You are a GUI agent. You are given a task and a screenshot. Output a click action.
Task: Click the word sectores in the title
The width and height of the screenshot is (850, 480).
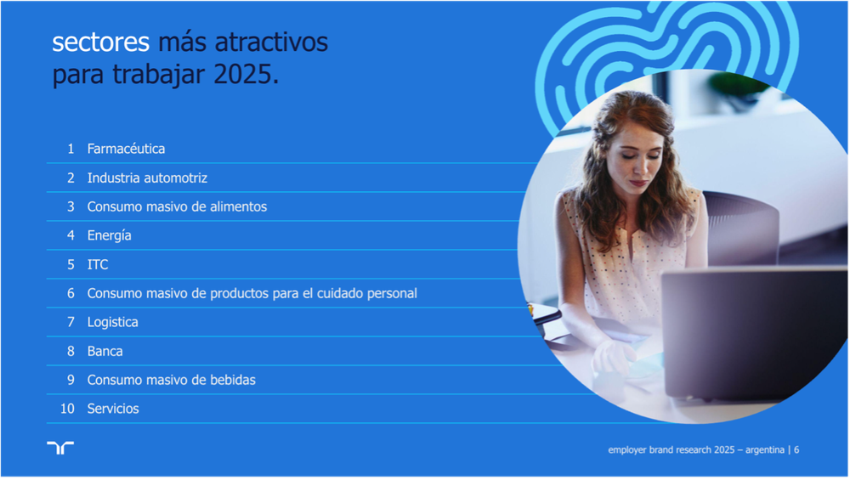click(x=100, y=42)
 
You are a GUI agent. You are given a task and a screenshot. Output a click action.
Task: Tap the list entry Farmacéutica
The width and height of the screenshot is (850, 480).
click(x=127, y=149)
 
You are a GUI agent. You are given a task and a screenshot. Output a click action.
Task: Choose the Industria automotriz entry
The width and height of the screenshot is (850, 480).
click(x=147, y=178)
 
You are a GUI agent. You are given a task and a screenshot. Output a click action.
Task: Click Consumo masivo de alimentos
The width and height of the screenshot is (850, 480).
click(x=178, y=206)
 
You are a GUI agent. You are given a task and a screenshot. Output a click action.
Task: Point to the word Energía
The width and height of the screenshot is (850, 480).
click(x=110, y=235)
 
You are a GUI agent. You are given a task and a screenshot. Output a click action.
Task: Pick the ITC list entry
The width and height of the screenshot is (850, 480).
click(x=98, y=264)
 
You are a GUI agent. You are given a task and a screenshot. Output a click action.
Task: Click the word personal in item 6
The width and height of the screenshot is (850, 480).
click(x=392, y=294)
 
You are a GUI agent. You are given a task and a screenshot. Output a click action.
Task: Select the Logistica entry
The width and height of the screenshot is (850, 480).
click(x=113, y=322)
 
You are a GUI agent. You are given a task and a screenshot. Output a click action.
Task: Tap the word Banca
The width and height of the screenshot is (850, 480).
click(x=105, y=351)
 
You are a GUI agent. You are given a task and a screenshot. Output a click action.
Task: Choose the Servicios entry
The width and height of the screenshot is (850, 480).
click(x=113, y=409)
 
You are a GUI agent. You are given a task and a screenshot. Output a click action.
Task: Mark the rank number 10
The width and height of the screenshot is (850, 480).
click(x=67, y=409)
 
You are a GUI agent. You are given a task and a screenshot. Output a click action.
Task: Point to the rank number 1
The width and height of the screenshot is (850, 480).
click(x=71, y=149)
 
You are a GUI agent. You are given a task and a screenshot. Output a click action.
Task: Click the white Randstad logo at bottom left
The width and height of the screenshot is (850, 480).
click(x=60, y=448)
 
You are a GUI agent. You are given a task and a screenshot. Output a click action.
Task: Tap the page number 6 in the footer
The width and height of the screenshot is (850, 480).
click(x=796, y=449)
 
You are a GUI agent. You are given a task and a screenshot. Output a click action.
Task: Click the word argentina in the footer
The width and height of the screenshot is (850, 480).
click(x=765, y=449)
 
